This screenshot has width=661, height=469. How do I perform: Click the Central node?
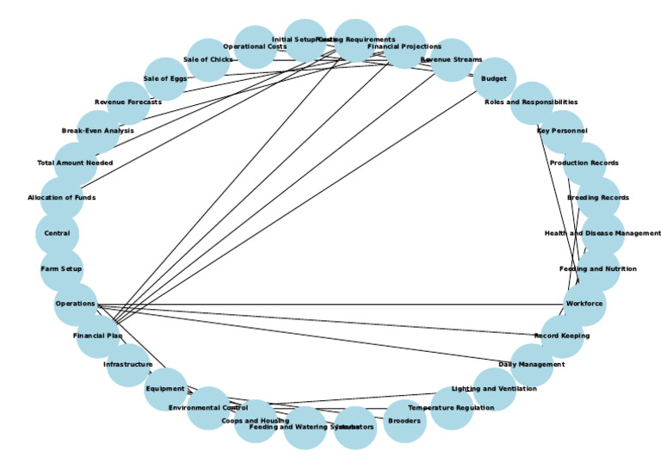[x=57, y=233]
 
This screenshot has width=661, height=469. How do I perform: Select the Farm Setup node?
[x=61, y=269]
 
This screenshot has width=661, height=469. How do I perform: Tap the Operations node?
[x=75, y=305]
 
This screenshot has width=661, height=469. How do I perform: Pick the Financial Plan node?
[x=97, y=336]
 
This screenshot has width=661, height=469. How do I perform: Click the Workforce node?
[x=584, y=304]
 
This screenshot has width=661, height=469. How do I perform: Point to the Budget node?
[x=494, y=79]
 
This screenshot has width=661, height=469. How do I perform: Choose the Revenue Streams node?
[x=450, y=60]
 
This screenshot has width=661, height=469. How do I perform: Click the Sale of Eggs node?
[x=165, y=79]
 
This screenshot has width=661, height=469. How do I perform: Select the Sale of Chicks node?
[x=207, y=59]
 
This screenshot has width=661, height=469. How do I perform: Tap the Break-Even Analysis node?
[x=98, y=131]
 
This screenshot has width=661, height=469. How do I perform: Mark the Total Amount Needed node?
[x=75, y=163]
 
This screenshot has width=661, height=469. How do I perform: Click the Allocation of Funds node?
[x=61, y=198]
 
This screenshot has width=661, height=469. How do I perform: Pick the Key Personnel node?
[x=562, y=131]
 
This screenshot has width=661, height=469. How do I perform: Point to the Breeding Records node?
[x=598, y=198]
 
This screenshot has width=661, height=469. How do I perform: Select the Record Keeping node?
[x=562, y=336]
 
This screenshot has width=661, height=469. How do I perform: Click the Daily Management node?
[x=532, y=365]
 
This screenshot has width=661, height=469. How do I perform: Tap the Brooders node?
[x=405, y=422]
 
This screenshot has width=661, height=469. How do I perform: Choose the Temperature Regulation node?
[x=451, y=408]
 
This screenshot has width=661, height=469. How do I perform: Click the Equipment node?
[x=165, y=389]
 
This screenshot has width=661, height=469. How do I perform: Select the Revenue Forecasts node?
[x=128, y=102]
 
